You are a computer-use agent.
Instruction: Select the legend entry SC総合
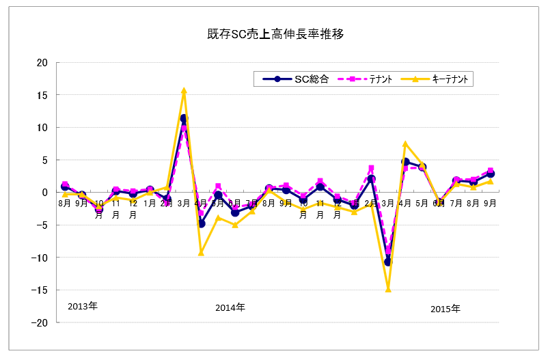pyautogui.click(x=312, y=79)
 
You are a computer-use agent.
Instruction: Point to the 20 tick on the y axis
pyautogui.click(x=42, y=63)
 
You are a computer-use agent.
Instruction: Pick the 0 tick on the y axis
pyautogui.click(x=44, y=193)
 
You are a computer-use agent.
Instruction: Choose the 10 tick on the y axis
pyautogui.click(x=42, y=128)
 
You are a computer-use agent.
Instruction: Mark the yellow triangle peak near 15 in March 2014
pyautogui.click(x=184, y=90)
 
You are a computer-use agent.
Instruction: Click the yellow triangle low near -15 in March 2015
pyautogui.click(x=388, y=289)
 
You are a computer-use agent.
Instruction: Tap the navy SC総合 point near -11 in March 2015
pyautogui.click(x=388, y=262)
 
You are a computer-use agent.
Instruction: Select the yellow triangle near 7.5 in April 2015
pyautogui.click(x=405, y=144)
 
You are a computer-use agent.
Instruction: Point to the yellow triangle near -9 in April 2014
pyautogui.click(x=201, y=253)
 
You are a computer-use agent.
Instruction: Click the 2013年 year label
pyautogui.click(x=83, y=305)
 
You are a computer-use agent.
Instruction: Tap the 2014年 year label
pyautogui.click(x=230, y=307)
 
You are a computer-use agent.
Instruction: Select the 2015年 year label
pyautogui.click(x=446, y=309)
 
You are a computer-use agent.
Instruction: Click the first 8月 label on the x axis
pyautogui.click(x=65, y=203)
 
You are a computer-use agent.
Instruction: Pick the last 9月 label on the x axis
pyautogui.click(x=490, y=203)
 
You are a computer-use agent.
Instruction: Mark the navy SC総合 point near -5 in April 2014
pyautogui.click(x=201, y=224)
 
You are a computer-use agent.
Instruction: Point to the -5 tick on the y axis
pyautogui.click(x=42, y=225)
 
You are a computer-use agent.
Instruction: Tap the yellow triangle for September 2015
pyautogui.click(x=490, y=182)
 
